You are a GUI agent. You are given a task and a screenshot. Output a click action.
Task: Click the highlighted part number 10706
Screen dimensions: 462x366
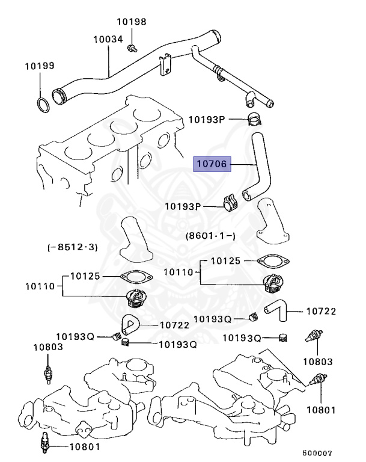212,164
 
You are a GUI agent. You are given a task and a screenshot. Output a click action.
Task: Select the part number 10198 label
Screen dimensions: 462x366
131,22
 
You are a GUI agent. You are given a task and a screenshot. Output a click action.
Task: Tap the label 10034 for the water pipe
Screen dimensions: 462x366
108,39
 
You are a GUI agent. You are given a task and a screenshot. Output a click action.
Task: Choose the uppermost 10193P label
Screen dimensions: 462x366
206,120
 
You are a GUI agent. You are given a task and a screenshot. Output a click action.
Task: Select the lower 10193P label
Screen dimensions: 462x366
183,206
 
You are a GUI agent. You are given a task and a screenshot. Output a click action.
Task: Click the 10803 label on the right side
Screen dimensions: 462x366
317,362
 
